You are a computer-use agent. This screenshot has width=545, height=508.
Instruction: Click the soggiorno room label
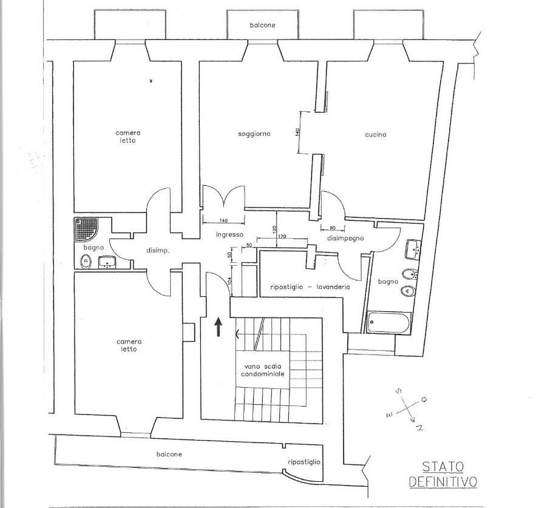(x=254, y=134)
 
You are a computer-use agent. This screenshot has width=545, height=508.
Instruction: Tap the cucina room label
(x=376, y=135)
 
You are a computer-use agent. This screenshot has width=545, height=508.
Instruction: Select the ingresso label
(x=229, y=235)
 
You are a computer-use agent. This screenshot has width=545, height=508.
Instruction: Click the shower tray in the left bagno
(x=86, y=229)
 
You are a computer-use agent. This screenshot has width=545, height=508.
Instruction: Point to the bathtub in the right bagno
(x=389, y=322)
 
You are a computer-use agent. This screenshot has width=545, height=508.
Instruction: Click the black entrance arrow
(x=218, y=327)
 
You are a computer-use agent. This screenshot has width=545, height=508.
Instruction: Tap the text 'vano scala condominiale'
(x=263, y=370)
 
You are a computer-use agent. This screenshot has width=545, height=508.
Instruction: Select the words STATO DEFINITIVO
(x=443, y=474)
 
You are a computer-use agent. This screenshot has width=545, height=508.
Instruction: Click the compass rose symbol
(x=406, y=408)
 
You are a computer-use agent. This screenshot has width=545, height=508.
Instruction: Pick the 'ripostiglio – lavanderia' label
(x=310, y=287)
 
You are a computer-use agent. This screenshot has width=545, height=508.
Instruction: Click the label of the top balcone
(x=262, y=25)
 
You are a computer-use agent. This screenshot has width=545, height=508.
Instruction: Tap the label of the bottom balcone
(x=169, y=454)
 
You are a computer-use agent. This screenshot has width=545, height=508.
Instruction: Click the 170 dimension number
(x=282, y=237)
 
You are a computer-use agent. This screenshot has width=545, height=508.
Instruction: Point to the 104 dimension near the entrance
(x=229, y=280)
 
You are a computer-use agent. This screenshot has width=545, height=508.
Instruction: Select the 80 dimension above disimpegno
(x=333, y=228)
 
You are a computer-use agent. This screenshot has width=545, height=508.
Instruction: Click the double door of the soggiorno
(x=224, y=197)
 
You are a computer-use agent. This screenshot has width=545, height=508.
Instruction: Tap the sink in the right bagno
(x=413, y=249)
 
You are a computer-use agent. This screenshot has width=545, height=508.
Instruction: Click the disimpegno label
(x=345, y=238)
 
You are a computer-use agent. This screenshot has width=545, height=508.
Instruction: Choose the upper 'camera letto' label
(x=128, y=137)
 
